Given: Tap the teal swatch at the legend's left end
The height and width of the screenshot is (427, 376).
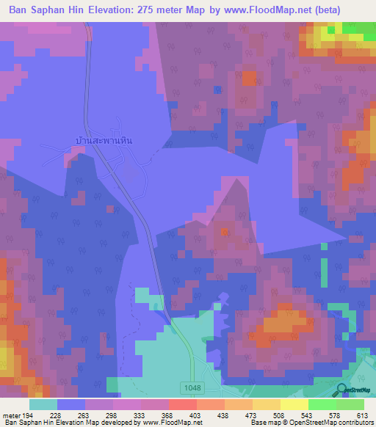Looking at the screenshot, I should (x=43, y=404).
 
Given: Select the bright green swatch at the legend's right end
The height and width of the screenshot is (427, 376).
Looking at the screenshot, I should (x=350, y=404).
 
